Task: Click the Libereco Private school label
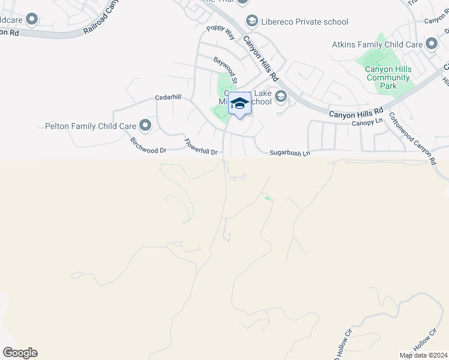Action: point(305,22)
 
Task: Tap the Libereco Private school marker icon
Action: point(252,22)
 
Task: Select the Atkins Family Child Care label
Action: point(377,44)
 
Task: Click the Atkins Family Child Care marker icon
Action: point(431,44)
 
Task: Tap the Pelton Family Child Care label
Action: point(90,127)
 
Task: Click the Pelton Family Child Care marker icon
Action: point(145,126)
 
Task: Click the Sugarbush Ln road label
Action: point(289,154)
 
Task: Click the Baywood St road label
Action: point(227,70)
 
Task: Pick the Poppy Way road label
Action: point(221,32)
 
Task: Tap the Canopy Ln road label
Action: point(367,122)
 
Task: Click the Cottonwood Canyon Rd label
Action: point(412,139)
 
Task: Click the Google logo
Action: point(20,353)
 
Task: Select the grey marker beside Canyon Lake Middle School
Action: point(280,96)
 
